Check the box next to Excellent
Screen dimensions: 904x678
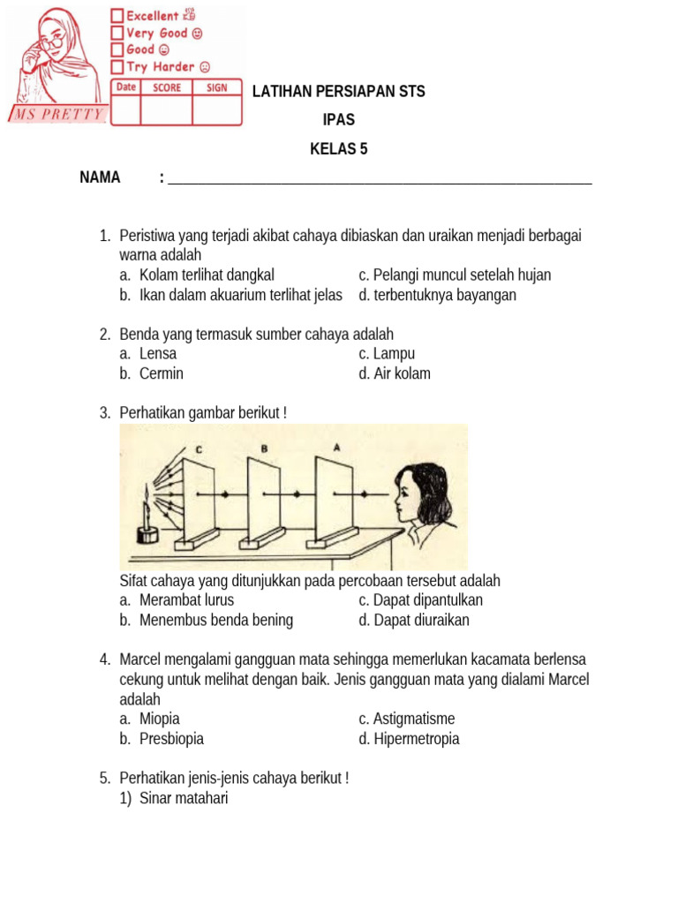point(117,16)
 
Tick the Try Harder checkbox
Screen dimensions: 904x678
point(117,67)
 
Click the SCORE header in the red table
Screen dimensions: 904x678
point(167,87)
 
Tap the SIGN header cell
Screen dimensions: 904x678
point(217,87)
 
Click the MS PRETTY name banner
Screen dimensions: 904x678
point(57,115)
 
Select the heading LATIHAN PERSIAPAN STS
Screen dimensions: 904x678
point(338,92)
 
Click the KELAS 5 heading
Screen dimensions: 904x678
point(338,149)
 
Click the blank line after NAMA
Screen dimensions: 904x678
point(380,179)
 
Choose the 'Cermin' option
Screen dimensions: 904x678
point(162,373)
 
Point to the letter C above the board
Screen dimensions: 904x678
point(200,449)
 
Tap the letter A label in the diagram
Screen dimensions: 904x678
point(335,448)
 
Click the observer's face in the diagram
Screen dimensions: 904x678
point(408,499)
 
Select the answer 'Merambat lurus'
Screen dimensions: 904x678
point(186,600)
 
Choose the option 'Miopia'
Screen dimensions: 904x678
point(159,719)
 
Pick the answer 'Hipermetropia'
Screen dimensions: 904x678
point(416,739)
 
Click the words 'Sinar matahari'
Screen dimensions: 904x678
point(184,799)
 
